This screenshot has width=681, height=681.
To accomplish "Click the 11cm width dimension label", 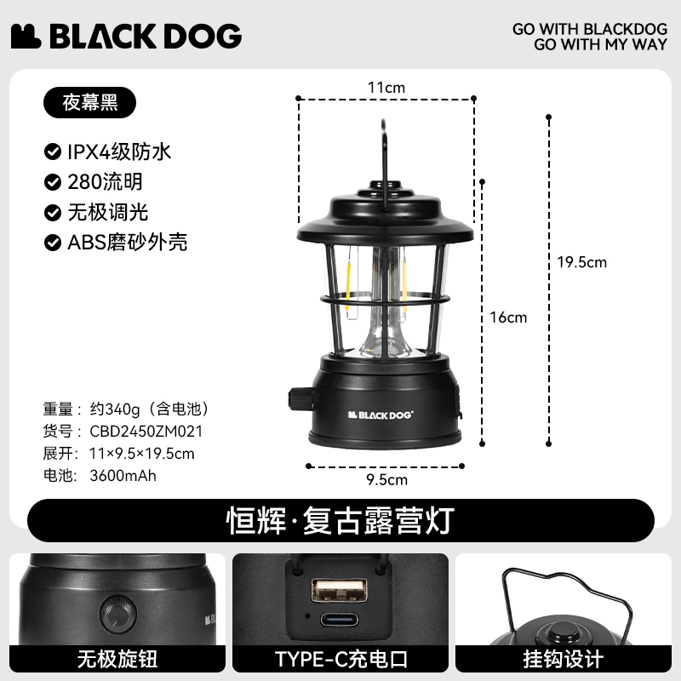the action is point(386,88).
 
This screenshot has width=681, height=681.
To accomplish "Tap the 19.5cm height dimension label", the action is point(582,262).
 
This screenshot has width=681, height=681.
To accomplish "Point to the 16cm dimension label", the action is point(508,318).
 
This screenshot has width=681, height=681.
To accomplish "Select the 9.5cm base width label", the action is point(386,480).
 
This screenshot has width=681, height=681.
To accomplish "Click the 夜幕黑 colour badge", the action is point(90,102).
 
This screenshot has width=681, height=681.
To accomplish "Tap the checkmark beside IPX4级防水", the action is point(53,152).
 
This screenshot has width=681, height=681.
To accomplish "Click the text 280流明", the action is point(105,182).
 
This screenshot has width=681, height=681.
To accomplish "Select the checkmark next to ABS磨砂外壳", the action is point(53,243).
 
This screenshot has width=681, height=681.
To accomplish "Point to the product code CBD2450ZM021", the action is point(146,432).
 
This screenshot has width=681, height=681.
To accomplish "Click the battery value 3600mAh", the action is point(123,476).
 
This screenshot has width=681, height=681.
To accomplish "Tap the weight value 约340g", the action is point(115,409).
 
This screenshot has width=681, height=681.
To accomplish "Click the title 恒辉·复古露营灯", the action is point(340,520).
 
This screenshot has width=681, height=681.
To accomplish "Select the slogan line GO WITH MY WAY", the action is point(601,44).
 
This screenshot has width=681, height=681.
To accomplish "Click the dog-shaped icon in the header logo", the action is point(26,36).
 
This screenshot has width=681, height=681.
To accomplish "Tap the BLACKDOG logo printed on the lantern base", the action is point(381,415).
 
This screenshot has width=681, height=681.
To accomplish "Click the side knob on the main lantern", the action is point(300,398).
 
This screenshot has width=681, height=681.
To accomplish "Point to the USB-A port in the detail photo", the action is point(339,590).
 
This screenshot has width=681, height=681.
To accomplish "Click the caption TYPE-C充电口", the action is point(341,659).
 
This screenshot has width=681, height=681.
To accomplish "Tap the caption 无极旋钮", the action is point(117,659).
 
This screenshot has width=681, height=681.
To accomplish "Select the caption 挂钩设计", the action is point(564,659).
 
